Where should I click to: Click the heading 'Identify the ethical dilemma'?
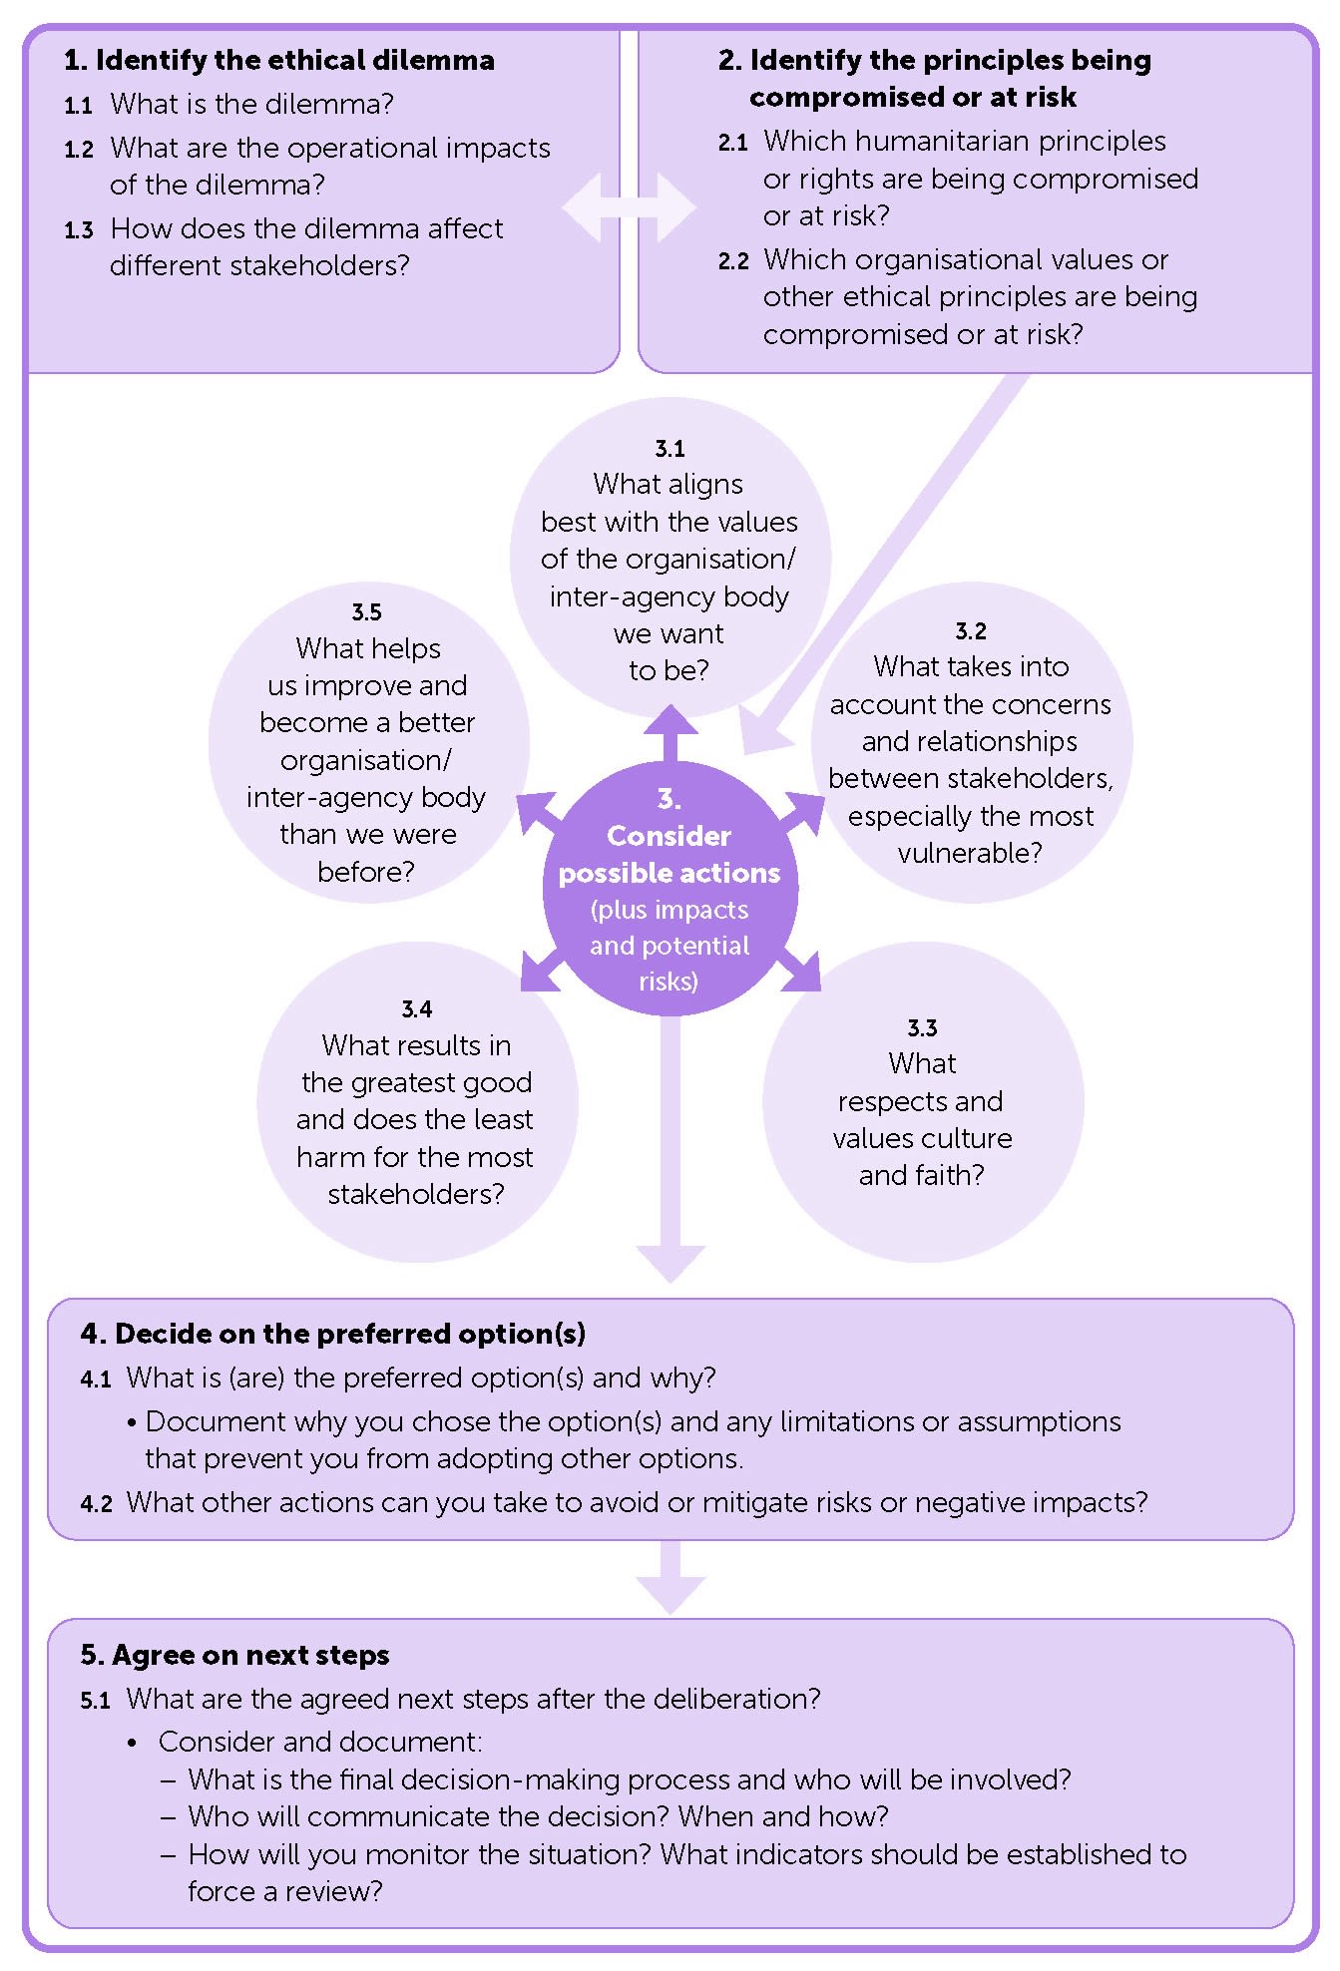point(294,61)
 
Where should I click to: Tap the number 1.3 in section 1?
point(79,230)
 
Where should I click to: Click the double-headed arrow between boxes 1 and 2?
point(629,207)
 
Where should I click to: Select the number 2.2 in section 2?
point(732,261)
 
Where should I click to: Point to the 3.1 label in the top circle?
point(670,449)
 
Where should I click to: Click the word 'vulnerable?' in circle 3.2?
point(970,854)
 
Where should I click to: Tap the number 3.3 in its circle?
point(922,1028)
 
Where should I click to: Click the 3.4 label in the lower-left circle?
point(416,1009)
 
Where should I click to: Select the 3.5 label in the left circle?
point(366,612)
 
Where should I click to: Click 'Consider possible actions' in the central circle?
point(669,854)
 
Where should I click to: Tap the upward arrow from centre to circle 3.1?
point(670,732)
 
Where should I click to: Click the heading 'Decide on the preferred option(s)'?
point(350,1335)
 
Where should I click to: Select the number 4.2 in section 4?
point(95,1504)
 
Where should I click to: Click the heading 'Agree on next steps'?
point(249,1656)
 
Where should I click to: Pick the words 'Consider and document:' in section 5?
point(320,1743)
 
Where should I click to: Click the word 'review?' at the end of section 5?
point(334,1892)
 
